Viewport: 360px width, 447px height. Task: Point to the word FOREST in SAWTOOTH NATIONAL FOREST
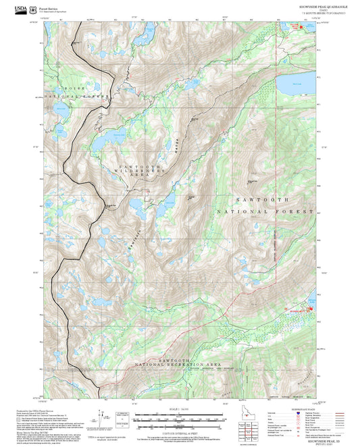tap(299, 212)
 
